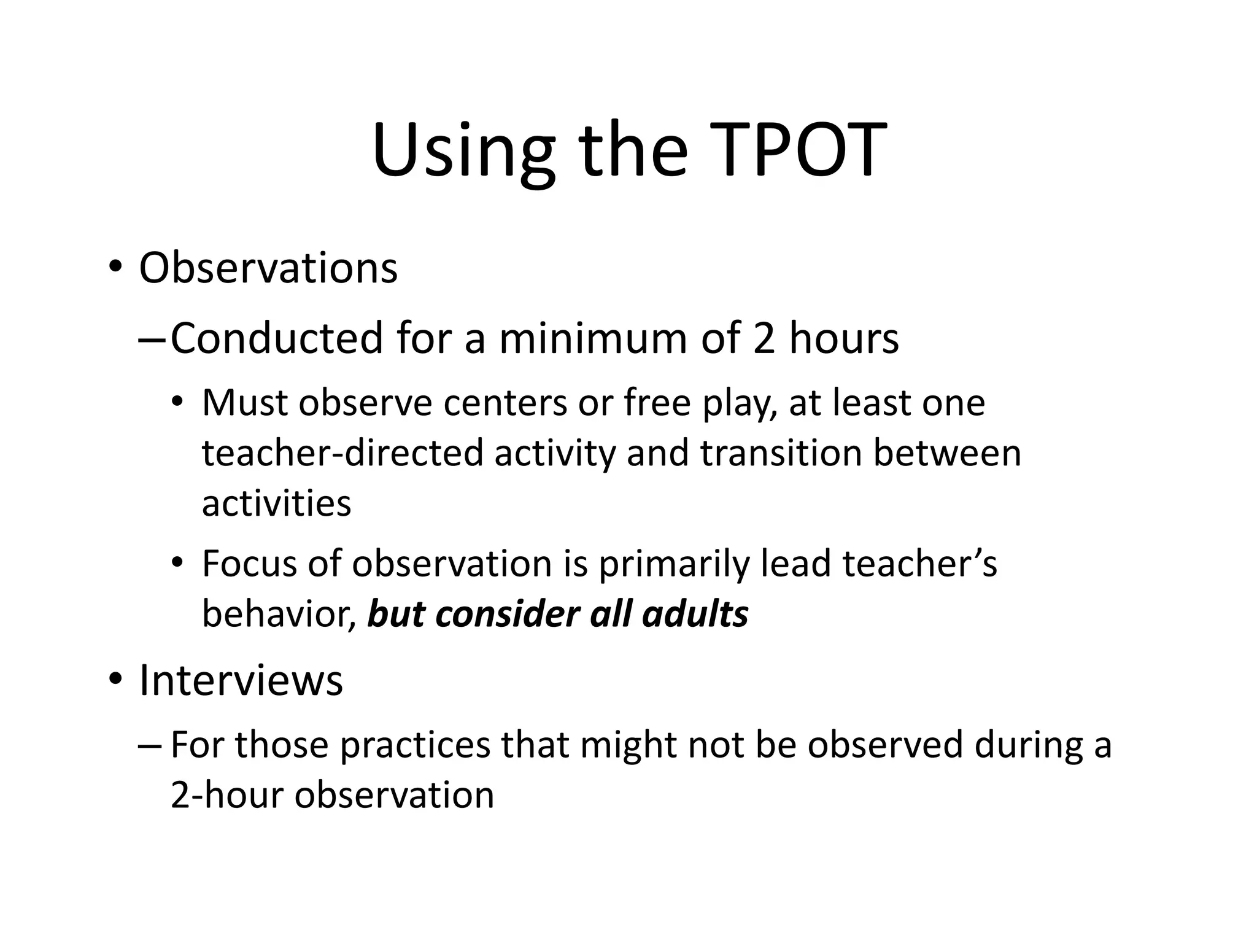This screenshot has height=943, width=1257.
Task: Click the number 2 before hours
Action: (x=764, y=338)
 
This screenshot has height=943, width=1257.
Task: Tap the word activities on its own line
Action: (x=276, y=503)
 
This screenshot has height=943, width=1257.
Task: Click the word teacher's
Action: (x=919, y=563)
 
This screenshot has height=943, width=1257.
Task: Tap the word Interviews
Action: (x=241, y=680)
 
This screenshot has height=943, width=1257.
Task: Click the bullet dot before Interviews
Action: (x=115, y=680)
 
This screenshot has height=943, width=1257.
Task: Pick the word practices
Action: (x=415, y=746)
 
